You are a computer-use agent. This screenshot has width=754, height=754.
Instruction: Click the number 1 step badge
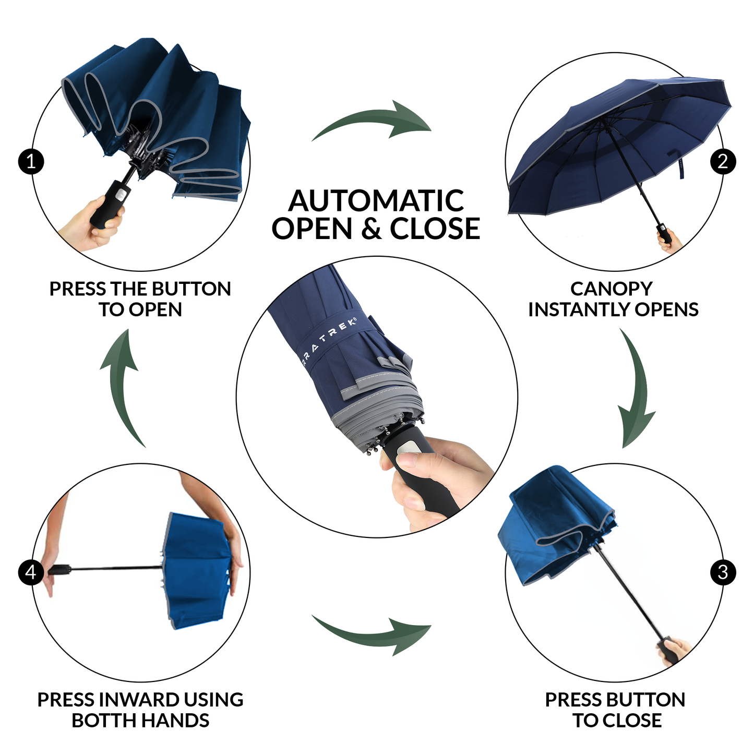click(31, 162)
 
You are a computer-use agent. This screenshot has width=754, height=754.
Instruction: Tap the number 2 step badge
click(723, 162)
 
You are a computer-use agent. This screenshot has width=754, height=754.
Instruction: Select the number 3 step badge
click(723, 572)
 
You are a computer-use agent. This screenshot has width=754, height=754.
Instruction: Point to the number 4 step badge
click(31, 572)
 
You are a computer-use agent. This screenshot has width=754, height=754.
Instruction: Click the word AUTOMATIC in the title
click(376, 201)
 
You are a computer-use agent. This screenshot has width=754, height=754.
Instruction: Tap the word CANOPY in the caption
click(611, 289)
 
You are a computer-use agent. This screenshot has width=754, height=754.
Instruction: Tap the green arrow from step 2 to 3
click(635, 391)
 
